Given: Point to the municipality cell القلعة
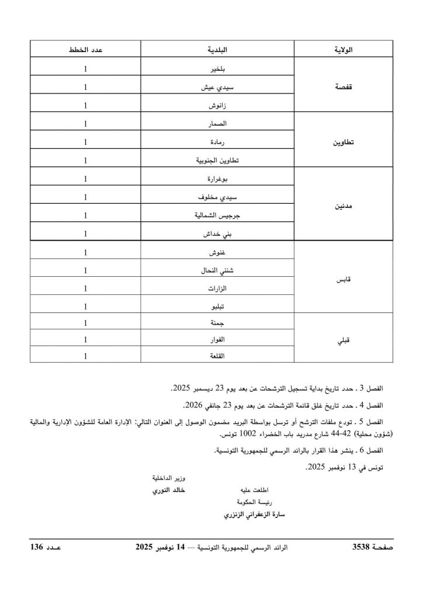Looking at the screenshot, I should [216, 356].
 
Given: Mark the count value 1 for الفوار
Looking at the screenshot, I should [86, 339].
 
